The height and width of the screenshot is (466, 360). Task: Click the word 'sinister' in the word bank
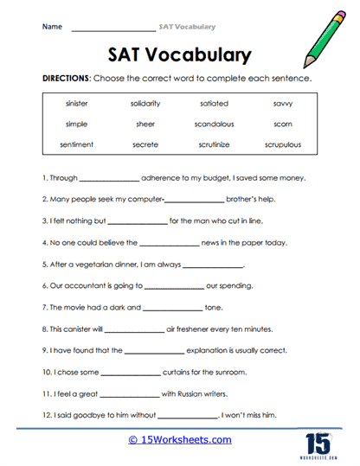coord(76,104)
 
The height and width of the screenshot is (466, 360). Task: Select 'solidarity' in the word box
coord(145,104)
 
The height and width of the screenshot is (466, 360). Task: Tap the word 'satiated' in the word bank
coord(213,104)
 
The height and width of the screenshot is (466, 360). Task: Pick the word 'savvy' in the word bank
coord(282,104)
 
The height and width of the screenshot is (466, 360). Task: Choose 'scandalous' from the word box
coord(213,124)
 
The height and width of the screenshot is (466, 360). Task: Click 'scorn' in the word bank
coord(282,124)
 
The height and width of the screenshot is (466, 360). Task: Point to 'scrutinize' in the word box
coord(213,144)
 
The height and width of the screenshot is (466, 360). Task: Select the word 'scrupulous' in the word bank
coord(282,144)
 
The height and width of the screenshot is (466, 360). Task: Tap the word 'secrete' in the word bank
coord(145,144)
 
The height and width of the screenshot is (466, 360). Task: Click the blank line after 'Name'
coord(112,27)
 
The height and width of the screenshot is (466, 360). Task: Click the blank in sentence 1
coord(109,179)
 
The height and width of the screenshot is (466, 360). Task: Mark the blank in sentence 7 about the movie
coord(172,308)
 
